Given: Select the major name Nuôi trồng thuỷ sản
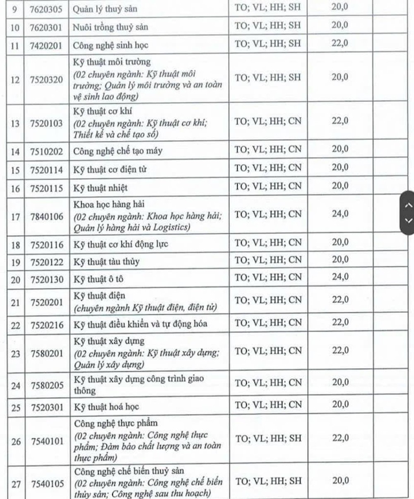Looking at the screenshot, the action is click(111, 27).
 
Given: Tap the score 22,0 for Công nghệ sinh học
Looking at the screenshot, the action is click(340, 43).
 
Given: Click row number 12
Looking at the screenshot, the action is click(15, 80).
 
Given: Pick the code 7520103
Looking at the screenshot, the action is click(46, 123).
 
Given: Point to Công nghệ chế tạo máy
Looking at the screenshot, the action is click(118, 151).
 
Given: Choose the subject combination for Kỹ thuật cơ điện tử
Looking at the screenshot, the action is click(268, 168).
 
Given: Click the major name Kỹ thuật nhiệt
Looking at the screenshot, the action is click(101, 188).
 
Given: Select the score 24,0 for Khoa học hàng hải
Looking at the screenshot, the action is click(340, 214).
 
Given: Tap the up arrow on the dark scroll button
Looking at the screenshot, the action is click(408, 205).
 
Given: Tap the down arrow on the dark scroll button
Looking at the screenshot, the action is click(408, 220).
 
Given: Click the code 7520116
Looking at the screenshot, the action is click(47, 245).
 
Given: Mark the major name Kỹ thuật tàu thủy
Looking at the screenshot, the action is click(106, 262).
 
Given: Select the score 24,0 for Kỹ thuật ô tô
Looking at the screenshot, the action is click(340, 277).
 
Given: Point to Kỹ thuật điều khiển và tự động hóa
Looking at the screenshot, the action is click(140, 324).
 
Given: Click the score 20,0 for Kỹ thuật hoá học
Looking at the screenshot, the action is click(340, 404).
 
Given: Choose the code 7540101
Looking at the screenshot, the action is click(47, 441).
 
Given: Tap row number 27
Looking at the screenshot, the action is click(16, 484).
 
